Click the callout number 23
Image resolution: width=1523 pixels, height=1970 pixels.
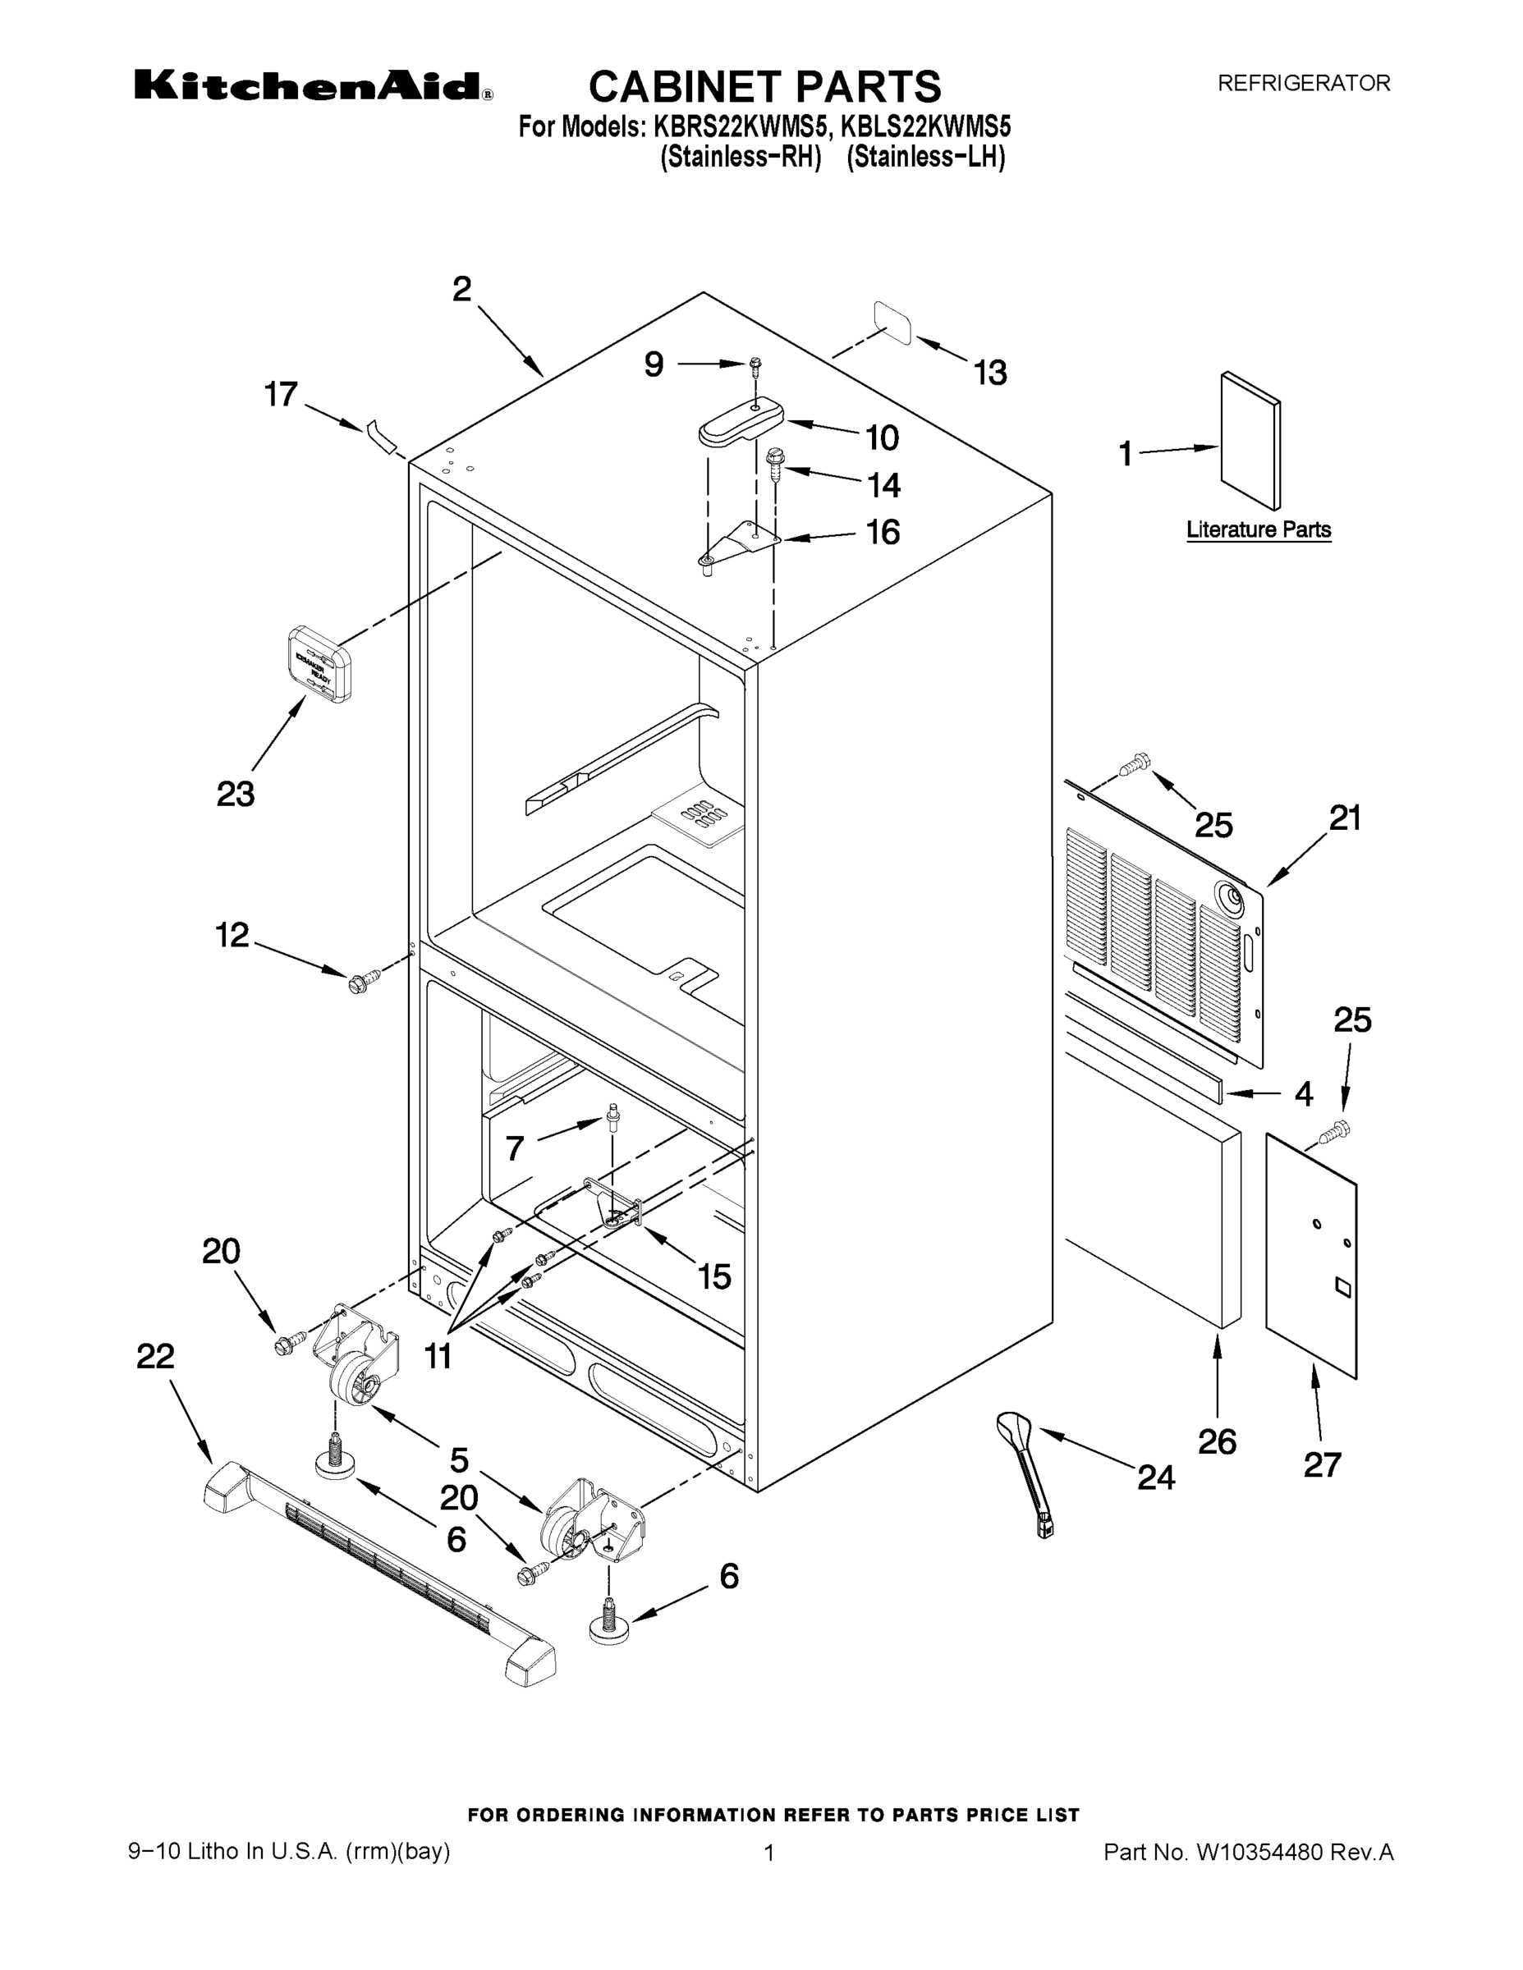click(x=236, y=794)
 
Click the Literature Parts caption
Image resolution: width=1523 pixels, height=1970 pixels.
click(x=1258, y=529)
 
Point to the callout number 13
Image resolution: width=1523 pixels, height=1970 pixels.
click(x=990, y=373)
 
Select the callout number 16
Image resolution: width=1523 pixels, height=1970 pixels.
click(x=883, y=532)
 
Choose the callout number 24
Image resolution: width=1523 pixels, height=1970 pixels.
click(x=1156, y=1477)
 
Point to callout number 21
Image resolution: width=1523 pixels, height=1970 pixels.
click(x=1344, y=818)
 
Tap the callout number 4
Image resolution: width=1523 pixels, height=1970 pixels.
click(x=1303, y=1094)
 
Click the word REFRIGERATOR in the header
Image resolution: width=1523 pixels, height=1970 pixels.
click(x=1304, y=83)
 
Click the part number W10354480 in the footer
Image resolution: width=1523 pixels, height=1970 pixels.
click(x=1259, y=1853)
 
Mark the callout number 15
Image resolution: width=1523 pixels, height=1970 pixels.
click(x=713, y=1276)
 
